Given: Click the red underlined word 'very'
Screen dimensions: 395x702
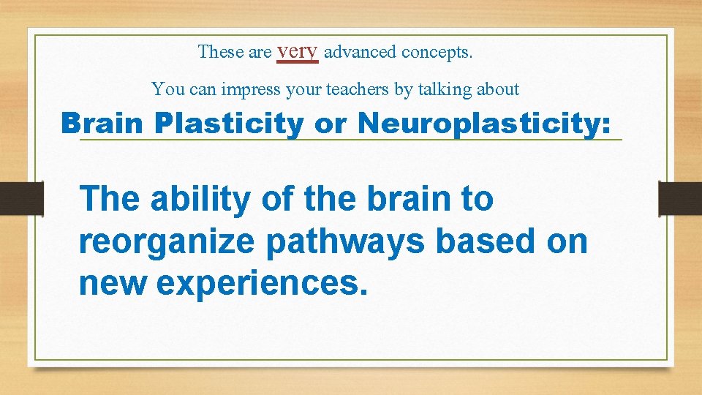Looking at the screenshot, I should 298,52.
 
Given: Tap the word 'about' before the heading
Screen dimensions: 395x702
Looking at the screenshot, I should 497,90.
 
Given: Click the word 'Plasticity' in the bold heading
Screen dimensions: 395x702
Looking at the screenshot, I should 230,123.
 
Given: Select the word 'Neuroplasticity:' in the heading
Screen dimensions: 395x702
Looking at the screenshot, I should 483,123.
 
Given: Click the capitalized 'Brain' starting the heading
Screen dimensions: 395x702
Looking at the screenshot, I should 102,123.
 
